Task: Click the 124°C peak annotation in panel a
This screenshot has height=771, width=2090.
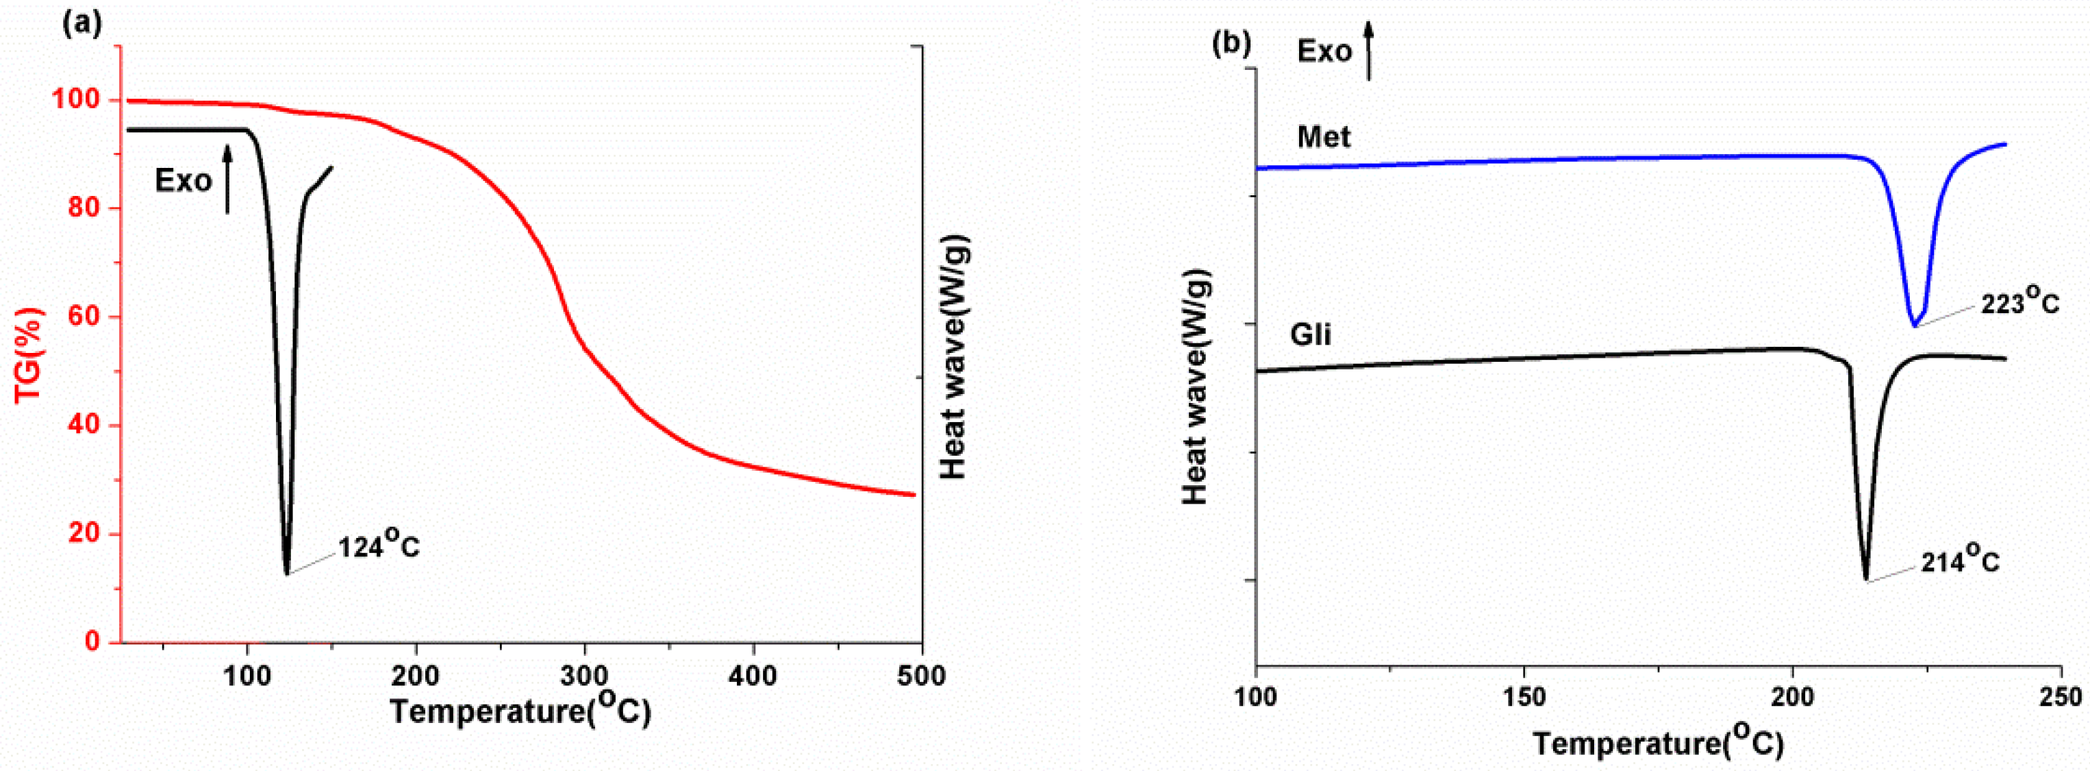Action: tap(379, 546)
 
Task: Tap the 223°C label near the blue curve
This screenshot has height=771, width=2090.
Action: tap(2019, 303)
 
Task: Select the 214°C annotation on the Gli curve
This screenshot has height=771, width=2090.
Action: tap(1960, 561)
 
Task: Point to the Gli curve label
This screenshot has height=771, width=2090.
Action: tap(1310, 334)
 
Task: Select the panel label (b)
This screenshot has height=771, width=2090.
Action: tap(1231, 44)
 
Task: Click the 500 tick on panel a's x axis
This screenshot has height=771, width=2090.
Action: tap(922, 676)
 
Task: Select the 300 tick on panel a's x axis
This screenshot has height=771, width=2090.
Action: tap(584, 676)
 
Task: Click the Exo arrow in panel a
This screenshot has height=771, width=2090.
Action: tap(228, 180)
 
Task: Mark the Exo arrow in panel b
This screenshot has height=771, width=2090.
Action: tap(1369, 50)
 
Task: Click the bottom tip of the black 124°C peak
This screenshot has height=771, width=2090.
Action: tap(286, 573)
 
